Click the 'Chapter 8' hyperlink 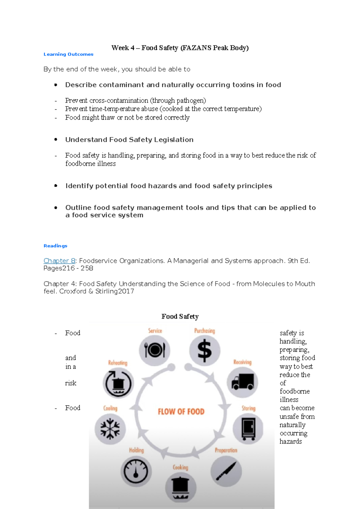59,261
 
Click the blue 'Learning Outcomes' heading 68,54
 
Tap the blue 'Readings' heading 55,246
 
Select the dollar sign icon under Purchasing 205,350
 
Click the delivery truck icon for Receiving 242,382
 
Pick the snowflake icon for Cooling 110,429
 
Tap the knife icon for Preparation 226,471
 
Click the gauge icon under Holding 136,471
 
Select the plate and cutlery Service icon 154,350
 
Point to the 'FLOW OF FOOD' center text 181,412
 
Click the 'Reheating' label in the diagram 118,363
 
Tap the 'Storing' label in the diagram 248,408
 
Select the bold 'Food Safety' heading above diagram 180,317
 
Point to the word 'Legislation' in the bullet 174,140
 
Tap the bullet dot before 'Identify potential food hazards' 56,186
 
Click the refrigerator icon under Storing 248,429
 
